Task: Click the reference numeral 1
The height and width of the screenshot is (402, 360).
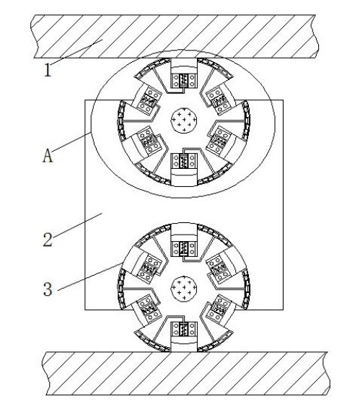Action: [x=48, y=70]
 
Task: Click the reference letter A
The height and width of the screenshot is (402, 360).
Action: [x=48, y=156]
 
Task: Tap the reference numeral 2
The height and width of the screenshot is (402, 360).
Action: [x=48, y=240]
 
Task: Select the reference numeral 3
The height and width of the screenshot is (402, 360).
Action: [x=48, y=289]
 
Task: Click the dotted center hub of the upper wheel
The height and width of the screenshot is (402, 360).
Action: [x=184, y=120]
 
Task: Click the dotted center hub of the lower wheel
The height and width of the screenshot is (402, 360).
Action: [x=184, y=289]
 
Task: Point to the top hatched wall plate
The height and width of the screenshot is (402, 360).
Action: [x=175, y=36]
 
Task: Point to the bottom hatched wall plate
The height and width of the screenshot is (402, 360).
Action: [x=185, y=373]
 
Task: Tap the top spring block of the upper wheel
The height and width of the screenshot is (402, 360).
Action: [x=184, y=81]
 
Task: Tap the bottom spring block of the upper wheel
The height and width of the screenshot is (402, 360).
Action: [x=184, y=161]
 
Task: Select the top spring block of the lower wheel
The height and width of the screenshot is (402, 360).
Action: [x=184, y=248]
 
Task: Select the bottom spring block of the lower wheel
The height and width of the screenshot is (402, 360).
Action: [x=184, y=329]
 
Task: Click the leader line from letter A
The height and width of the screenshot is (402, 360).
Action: [x=71, y=141]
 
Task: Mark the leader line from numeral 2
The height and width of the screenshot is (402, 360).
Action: [x=78, y=223]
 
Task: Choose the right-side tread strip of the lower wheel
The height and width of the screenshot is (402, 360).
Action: [x=246, y=289]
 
